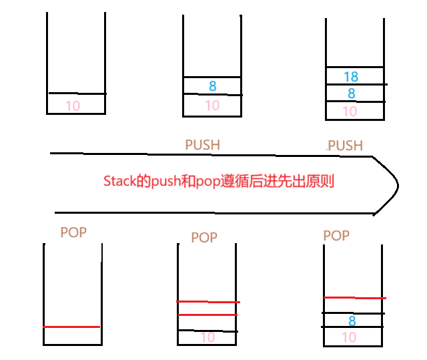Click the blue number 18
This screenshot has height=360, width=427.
pyautogui.click(x=351, y=77)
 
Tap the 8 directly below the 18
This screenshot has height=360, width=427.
pyautogui.click(x=351, y=94)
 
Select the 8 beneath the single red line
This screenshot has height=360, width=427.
pyautogui.click(x=352, y=321)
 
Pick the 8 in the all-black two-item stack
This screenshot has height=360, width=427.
pyautogui.click(x=212, y=86)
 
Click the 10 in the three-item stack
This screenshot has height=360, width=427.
pyautogui.click(x=350, y=112)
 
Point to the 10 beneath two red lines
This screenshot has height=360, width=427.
pyautogui.click(x=208, y=338)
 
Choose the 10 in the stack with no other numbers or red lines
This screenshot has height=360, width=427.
pyautogui.click(x=73, y=106)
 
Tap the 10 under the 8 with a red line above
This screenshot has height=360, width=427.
pyautogui.click(x=350, y=337)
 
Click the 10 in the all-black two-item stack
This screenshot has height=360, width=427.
pyautogui.click(x=212, y=105)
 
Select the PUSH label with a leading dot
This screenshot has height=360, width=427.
pyautogui.click(x=344, y=145)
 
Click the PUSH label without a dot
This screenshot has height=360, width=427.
pyautogui.click(x=202, y=144)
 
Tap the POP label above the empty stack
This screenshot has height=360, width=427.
pyautogui.click(x=73, y=232)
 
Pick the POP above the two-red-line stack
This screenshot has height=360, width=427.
pyautogui.click(x=204, y=238)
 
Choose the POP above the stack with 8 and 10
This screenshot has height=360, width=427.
pyautogui.click(x=336, y=235)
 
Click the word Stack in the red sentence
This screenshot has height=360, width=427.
pyautogui.click(x=117, y=182)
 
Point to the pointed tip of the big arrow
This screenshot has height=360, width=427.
pyautogui.click(x=398, y=183)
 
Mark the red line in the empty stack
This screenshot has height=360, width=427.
pyautogui.click(x=72, y=327)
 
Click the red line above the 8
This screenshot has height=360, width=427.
pyautogui.click(x=354, y=297)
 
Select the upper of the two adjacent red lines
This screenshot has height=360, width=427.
pyautogui.click(x=207, y=301)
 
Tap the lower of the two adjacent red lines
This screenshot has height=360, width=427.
pyautogui.click(x=207, y=315)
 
